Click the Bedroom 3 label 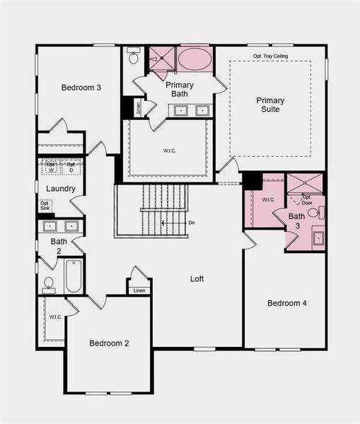81,88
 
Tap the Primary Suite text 270,105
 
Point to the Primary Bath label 180,89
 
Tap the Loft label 197,279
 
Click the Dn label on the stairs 191,223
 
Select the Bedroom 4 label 286,303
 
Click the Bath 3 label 296,220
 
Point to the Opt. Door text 308,200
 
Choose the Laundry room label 60,189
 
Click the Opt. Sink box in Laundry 45,206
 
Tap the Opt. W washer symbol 51,167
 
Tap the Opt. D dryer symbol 71,167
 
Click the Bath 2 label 59,245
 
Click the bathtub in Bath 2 74,276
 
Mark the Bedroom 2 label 109,343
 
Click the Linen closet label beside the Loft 139,290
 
